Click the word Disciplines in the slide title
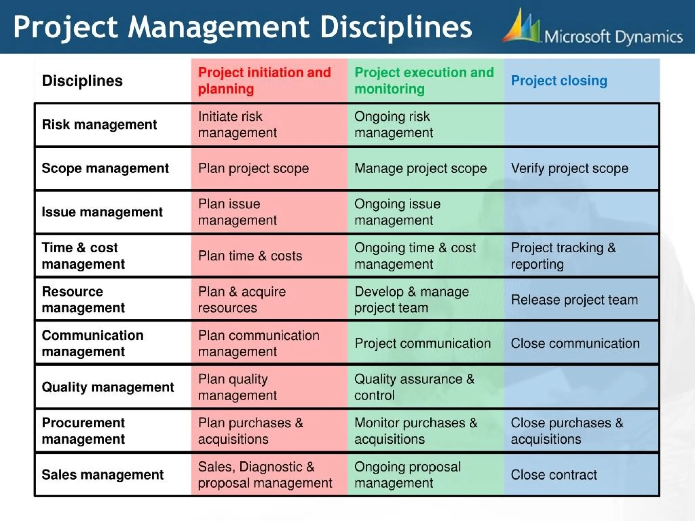(x=396, y=27)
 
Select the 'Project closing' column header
(x=559, y=81)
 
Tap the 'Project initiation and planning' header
(x=264, y=81)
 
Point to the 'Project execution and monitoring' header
(x=424, y=81)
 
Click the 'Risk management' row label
(x=99, y=124)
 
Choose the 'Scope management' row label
(x=105, y=168)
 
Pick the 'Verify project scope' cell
(x=569, y=168)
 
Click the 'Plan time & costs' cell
(x=250, y=256)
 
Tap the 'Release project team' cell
(x=574, y=300)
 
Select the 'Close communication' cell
(x=575, y=343)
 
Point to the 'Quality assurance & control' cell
(x=414, y=387)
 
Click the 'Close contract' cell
(x=553, y=475)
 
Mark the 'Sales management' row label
(x=102, y=475)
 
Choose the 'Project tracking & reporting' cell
(x=563, y=256)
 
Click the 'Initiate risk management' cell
(x=237, y=124)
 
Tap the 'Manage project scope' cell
(x=420, y=168)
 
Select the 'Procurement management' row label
(x=83, y=431)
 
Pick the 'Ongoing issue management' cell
(x=397, y=212)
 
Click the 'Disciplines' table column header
(x=82, y=81)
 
